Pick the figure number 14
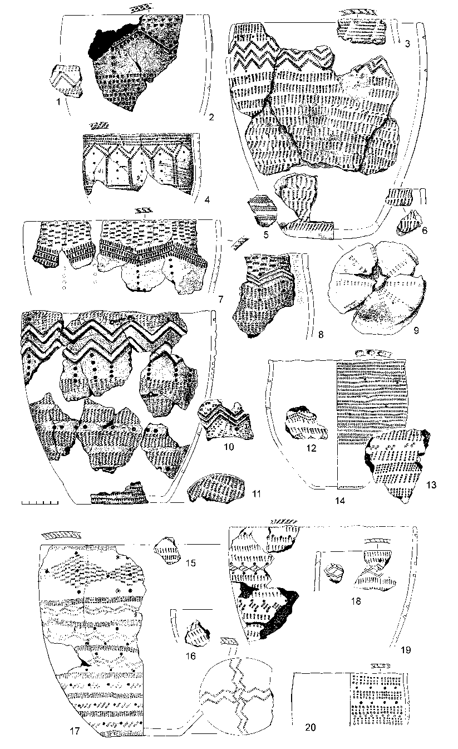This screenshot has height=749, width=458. pyautogui.click(x=339, y=501)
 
